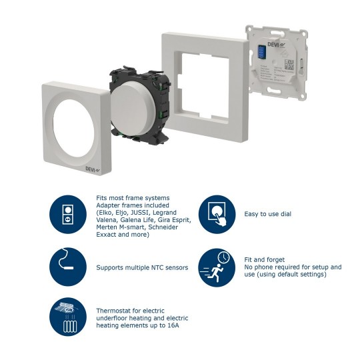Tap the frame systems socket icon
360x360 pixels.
(68, 214)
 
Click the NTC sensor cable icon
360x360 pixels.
(68, 267)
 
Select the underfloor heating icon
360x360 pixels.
(68, 317)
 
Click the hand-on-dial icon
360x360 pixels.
(217, 214)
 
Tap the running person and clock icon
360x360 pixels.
(217, 267)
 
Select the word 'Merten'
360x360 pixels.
(107, 228)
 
